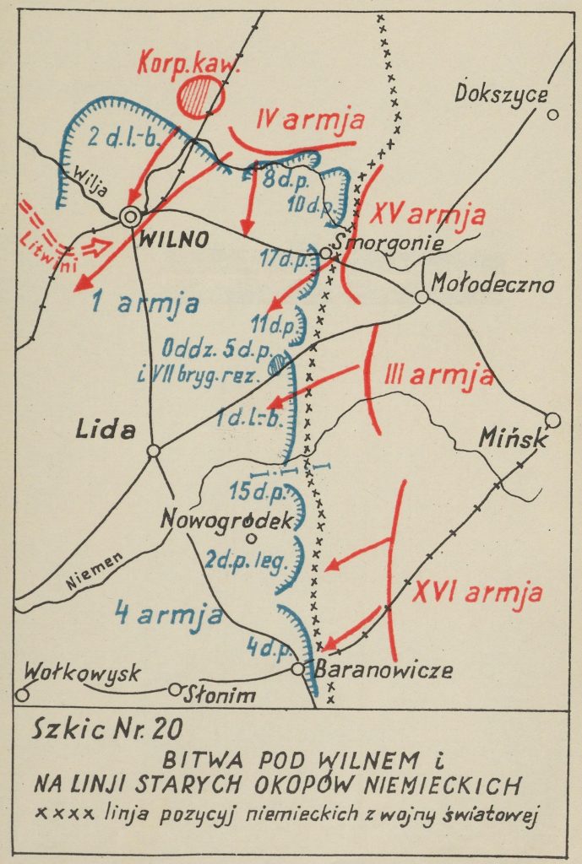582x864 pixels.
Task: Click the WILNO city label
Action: point(174,239)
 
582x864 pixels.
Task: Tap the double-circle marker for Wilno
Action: point(130,217)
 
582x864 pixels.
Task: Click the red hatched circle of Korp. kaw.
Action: point(199,95)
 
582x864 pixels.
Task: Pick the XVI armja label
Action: point(478,593)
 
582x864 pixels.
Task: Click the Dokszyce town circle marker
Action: point(553,116)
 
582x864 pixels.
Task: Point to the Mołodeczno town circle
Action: point(422,297)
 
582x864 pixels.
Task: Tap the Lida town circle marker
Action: point(153,451)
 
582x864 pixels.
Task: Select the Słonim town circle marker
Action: point(175,689)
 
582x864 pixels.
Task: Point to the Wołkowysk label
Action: point(82,674)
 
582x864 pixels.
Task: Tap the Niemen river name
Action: point(92,570)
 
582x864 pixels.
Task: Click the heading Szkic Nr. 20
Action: point(105,727)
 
